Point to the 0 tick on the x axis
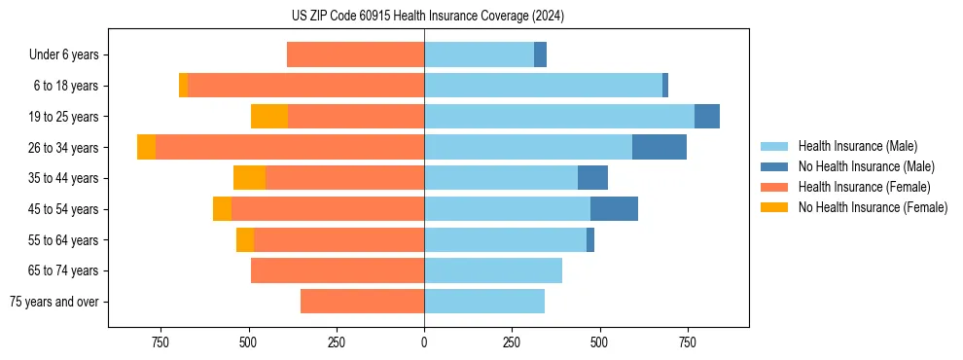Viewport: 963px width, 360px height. coord(424,342)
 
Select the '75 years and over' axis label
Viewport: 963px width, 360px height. coord(54,302)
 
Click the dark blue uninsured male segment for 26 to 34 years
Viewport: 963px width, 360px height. coord(660,147)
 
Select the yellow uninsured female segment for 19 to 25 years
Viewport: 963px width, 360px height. coord(269,116)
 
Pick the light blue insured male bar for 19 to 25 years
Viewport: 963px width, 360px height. coord(559,116)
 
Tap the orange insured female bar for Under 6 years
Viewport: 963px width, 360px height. coord(355,54)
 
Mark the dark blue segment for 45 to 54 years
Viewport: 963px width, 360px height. coord(614,209)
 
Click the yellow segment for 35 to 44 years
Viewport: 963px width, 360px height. coord(249,178)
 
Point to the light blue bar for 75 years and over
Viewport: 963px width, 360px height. coord(484,302)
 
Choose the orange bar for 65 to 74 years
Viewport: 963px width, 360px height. coord(338,270)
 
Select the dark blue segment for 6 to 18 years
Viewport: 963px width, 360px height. coord(665,86)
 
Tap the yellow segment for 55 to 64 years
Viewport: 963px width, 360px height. coord(245,239)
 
